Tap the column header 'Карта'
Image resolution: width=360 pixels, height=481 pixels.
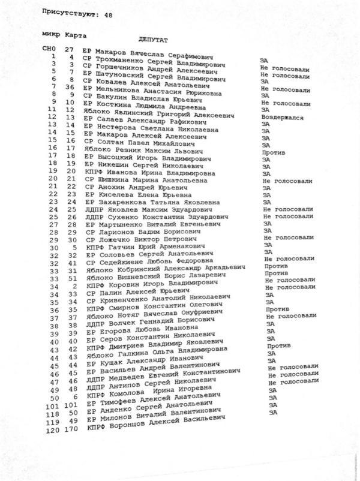pos(76,34)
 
